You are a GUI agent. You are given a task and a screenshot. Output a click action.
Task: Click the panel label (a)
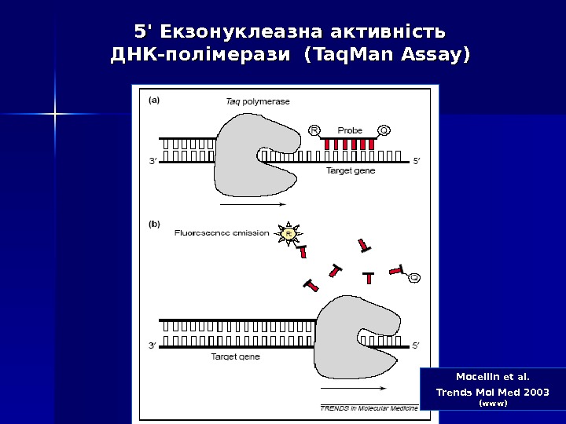155,100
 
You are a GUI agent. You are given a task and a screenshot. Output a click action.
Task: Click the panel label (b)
155,223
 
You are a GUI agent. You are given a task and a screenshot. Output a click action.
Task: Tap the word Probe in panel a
350,130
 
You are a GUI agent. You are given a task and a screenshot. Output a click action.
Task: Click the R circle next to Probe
315,130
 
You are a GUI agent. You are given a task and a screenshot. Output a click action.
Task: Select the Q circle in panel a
384,130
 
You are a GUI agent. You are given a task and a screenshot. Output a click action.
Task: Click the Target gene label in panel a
351,170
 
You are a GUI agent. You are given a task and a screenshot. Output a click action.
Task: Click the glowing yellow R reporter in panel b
289,233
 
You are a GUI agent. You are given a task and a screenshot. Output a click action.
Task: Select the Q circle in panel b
413,276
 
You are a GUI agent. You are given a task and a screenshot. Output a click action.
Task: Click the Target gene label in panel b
236,356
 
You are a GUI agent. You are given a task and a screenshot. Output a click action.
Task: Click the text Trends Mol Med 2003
492,391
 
